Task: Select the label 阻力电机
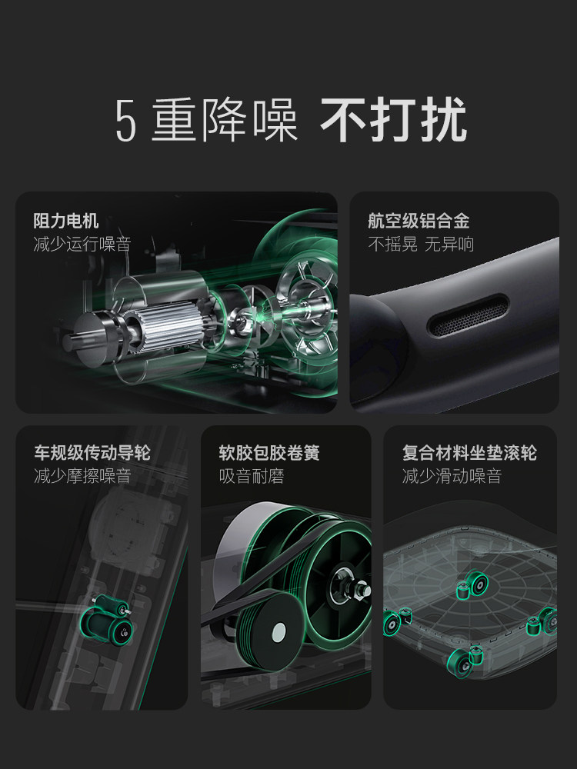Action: [66, 221]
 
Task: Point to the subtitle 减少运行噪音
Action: [82, 245]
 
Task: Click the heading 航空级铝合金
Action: [419, 221]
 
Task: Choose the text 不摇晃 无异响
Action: [420, 245]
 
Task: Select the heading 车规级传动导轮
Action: [92, 453]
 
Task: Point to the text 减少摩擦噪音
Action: [82, 476]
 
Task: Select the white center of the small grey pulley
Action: [278, 635]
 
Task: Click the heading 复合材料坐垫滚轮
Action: [469, 453]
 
